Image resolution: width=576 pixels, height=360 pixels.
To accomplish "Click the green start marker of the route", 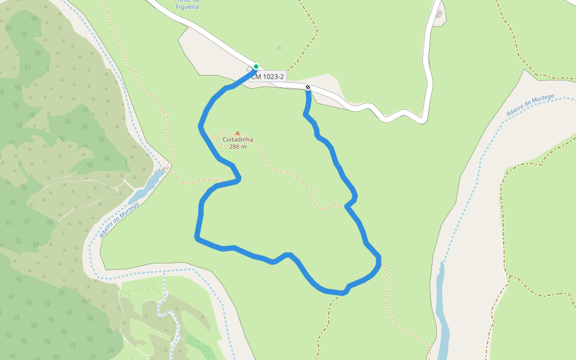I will click(256, 67).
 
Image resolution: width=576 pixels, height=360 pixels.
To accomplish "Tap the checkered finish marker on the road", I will click(308, 88).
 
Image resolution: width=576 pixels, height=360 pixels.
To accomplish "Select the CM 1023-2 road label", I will click(268, 77).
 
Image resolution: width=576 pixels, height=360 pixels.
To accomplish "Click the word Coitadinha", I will click(238, 140).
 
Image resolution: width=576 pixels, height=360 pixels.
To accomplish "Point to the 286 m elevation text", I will click(238, 147).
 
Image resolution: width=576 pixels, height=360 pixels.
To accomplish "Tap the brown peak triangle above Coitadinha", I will click(238, 133).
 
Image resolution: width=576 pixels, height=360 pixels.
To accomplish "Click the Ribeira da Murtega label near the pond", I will click(119, 220).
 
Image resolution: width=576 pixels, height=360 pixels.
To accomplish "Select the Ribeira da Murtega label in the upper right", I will click(530, 106).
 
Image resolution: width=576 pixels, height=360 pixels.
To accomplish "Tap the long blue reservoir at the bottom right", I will click(443, 312).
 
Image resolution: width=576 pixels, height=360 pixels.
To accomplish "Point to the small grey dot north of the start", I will click(279, 48).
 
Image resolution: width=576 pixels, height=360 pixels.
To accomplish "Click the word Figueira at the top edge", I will click(187, 7).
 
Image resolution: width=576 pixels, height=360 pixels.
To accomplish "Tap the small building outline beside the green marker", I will click(250, 69).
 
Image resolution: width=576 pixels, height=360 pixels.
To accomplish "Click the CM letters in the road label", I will click(256, 77).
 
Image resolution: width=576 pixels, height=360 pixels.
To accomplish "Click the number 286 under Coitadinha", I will click(234, 147).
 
